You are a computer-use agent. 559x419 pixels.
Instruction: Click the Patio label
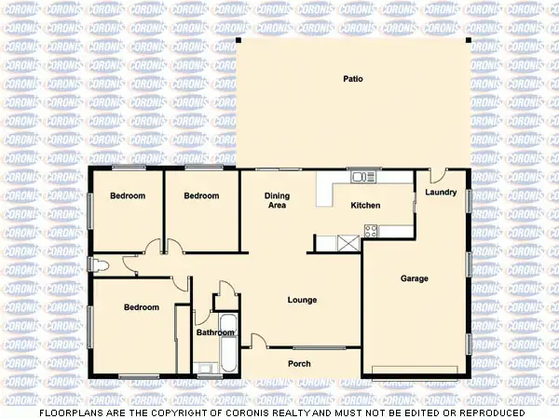point(351,78)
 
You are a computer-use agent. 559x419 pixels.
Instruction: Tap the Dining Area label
point(276,200)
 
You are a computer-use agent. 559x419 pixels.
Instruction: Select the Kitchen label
point(365,205)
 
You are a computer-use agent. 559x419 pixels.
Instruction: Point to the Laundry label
point(440,193)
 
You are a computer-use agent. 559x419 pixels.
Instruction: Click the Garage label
point(414,278)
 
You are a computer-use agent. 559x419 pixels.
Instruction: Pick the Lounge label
point(302,300)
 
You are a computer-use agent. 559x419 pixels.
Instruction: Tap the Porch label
point(299,363)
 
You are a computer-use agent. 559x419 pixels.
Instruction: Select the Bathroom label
point(214,332)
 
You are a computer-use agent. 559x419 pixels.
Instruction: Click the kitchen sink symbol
point(360,176)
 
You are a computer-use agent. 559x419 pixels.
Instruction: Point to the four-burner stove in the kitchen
point(370,231)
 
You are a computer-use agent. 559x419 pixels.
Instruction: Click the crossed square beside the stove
point(348,243)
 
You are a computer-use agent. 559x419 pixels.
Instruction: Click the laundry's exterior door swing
point(438,176)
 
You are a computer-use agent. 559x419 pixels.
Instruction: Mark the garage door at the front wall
point(414,372)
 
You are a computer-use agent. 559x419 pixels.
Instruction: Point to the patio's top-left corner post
point(238,41)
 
